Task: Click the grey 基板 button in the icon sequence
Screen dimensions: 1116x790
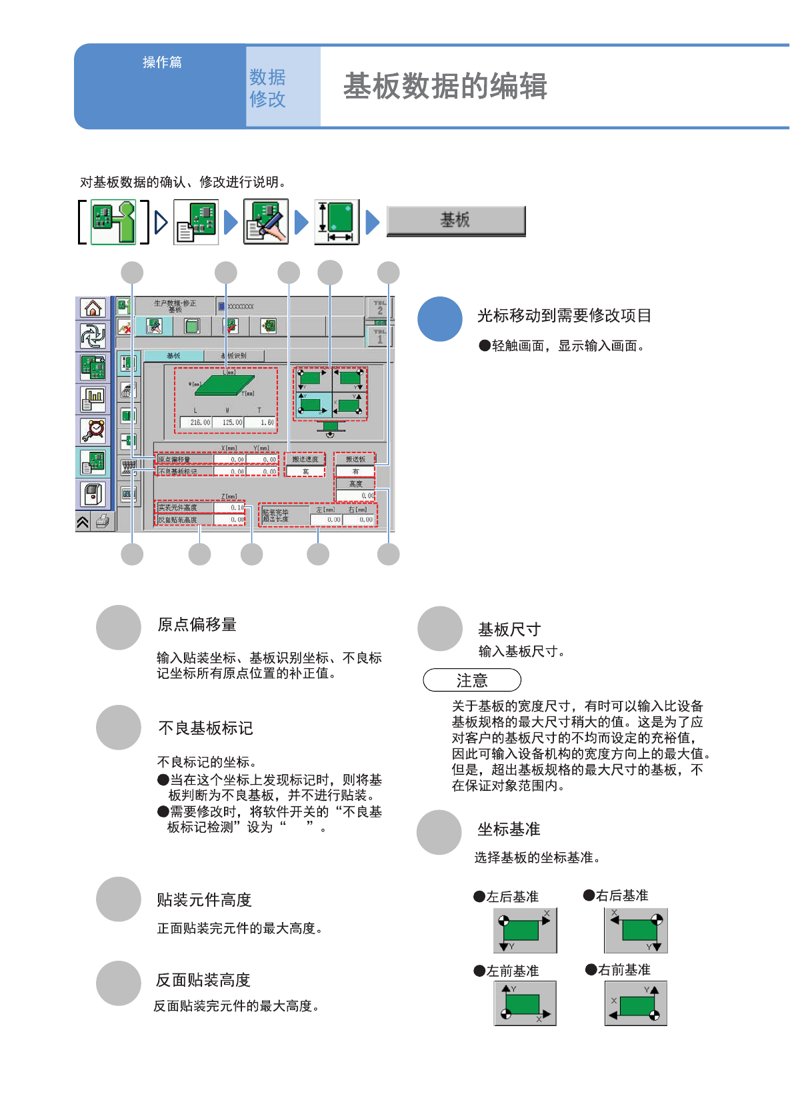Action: (456, 221)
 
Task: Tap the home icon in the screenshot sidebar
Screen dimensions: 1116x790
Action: (93, 308)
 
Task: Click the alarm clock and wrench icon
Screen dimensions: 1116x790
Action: (93, 430)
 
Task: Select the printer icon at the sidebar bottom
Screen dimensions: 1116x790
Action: (102, 521)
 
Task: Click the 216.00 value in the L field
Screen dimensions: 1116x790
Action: (199, 422)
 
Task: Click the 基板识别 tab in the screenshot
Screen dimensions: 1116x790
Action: (234, 356)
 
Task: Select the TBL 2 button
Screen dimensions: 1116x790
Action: (380, 308)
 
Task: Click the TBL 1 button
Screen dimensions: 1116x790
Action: (380, 336)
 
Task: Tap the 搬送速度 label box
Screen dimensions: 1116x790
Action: (305, 459)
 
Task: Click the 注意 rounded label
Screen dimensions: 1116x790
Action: (472, 680)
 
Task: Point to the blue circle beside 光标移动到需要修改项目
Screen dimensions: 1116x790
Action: (440, 319)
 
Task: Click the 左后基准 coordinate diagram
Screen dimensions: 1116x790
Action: (525, 930)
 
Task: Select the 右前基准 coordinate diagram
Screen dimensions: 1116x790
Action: (635, 1003)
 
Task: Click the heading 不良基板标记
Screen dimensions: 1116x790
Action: (205, 728)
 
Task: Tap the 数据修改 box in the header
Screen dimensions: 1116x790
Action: (283, 87)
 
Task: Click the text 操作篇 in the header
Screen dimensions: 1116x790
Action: (162, 62)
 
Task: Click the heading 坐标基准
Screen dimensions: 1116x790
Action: (509, 830)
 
